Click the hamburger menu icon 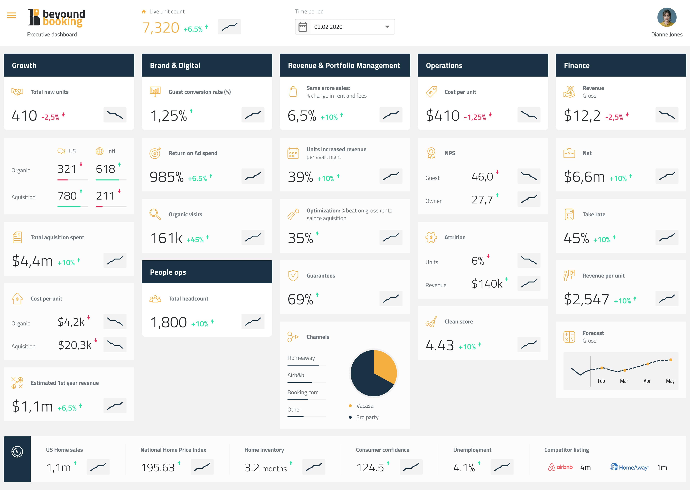tap(11, 15)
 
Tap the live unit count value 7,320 tap(161, 28)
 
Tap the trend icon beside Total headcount tap(253, 322)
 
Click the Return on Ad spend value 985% tap(166, 177)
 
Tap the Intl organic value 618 tap(105, 169)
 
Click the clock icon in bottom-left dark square tap(17, 452)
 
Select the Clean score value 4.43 tap(440, 345)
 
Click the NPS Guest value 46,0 tap(482, 177)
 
